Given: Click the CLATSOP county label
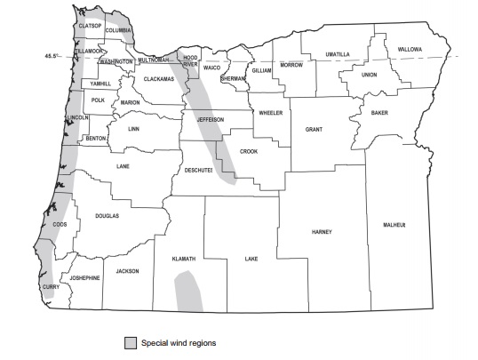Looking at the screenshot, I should tap(92, 27).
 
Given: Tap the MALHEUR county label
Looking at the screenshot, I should tap(393, 225).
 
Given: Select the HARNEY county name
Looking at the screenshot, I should tap(322, 232).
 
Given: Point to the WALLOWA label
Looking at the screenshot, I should tap(410, 49).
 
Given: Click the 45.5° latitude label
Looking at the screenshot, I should tap(55, 56).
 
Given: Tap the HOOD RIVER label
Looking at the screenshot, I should tap(190, 60).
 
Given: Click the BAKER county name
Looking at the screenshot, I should tap(379, 113).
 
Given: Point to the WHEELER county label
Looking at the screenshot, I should tap(270, 113).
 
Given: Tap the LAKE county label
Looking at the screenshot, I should tap(251, 260).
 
